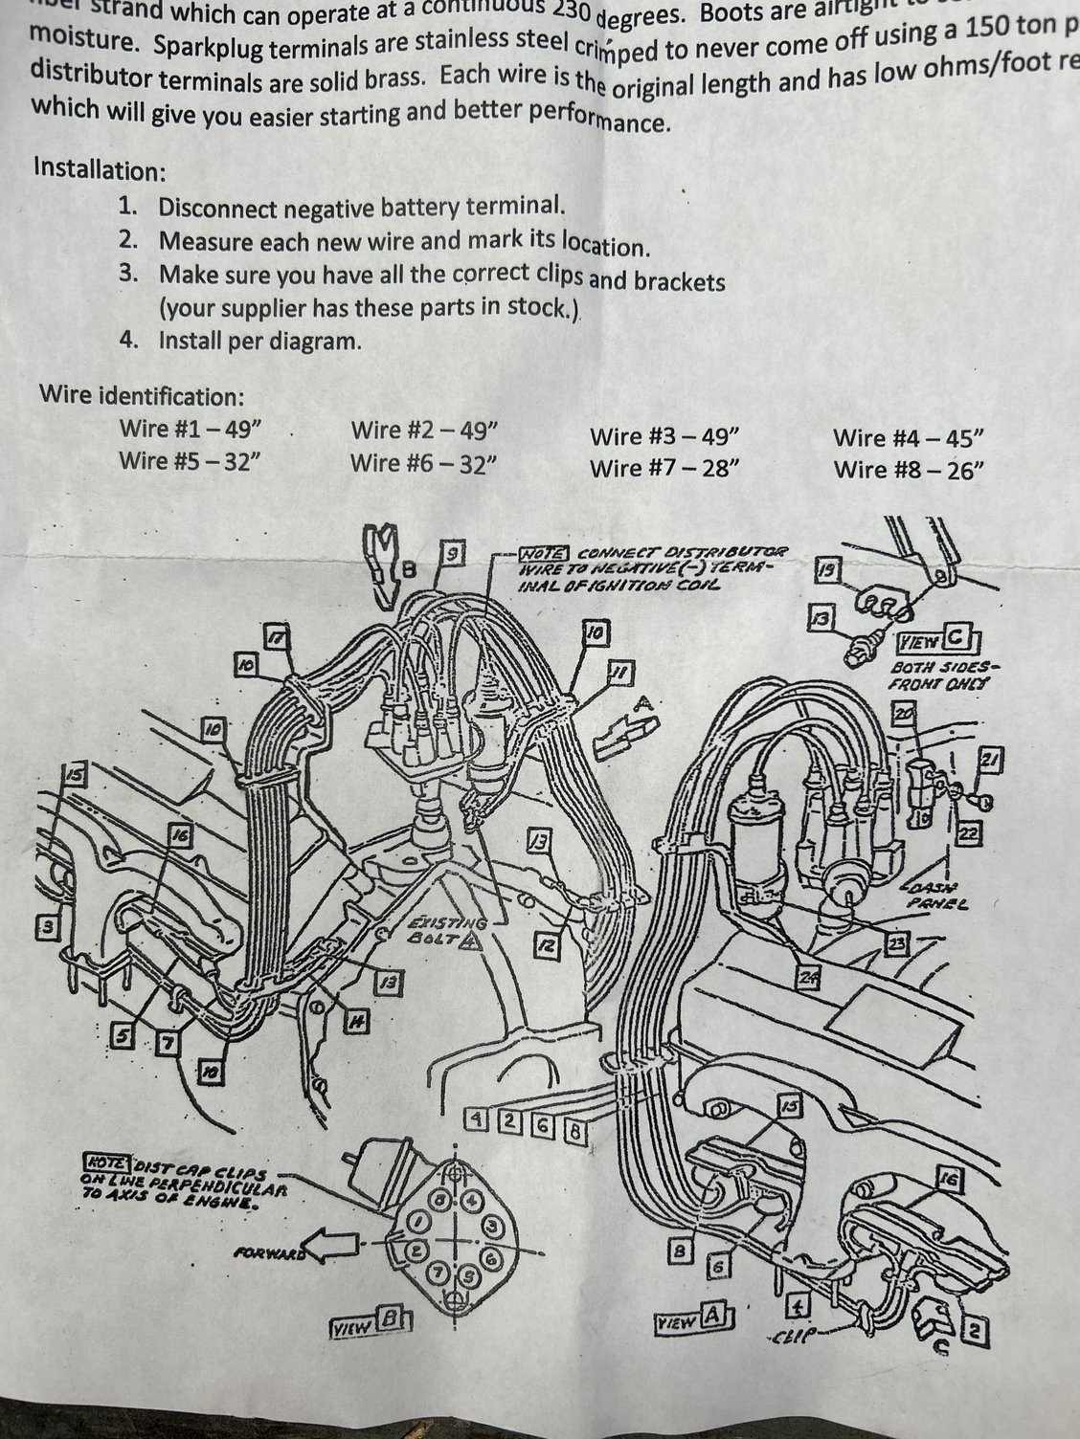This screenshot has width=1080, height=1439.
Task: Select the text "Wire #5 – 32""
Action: click(x=190, y=460)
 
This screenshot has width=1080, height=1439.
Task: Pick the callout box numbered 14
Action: click(x=356, y=1021)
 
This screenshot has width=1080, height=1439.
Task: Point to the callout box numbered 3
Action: click(x=44, y=925)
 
